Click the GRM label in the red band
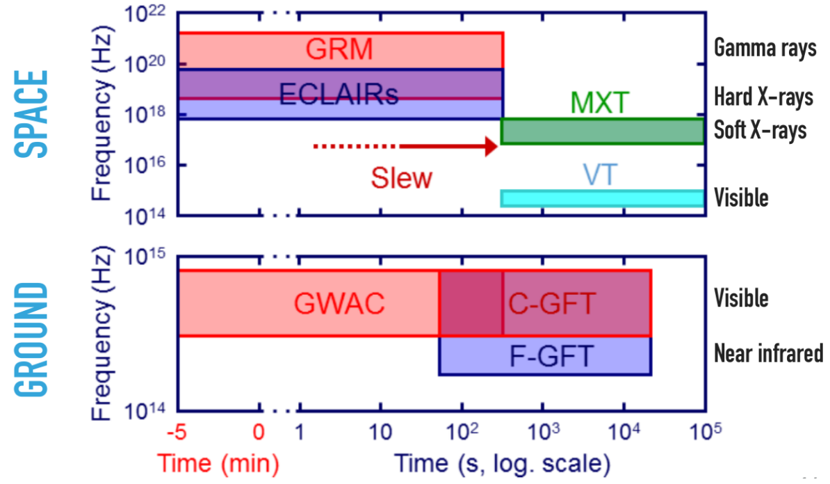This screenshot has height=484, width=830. (x=341, y=49)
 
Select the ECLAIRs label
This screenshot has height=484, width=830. (x=339, y=94)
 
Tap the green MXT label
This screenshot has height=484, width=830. (x=599, y=103)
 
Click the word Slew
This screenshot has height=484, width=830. (x=401, y=178)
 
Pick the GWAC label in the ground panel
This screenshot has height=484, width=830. (x=339, y=304)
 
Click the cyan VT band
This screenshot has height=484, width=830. (x=603, y=198)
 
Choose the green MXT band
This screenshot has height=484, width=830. (x=603, y=131)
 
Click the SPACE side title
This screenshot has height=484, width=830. (x=32, y=113)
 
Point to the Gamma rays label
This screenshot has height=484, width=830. (x=765, y=49)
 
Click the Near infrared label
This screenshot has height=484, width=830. (x=768, y=353)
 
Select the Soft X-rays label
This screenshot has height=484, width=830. (x=760, y=130)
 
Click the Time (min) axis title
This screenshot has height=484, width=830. (x=219, y=462)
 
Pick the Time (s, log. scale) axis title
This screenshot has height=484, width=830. (x=503, y=462)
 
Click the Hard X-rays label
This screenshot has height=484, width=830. (x=763, y=97)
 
